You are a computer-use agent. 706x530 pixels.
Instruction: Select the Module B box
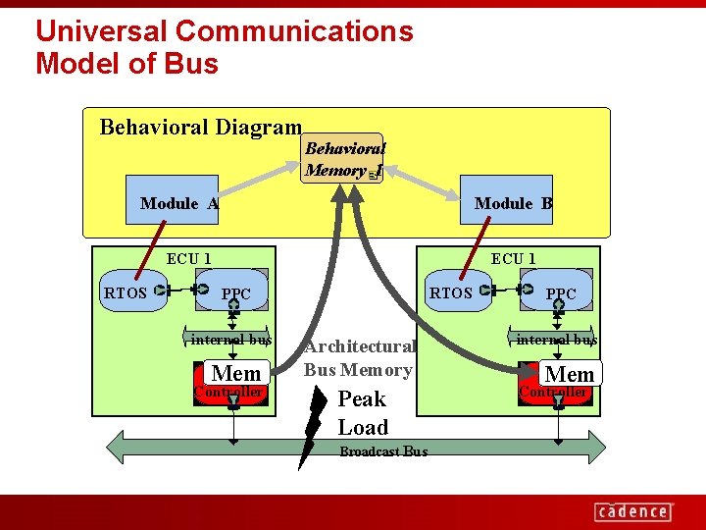[513, 203]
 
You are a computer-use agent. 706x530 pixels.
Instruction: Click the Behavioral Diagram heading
[200, 127]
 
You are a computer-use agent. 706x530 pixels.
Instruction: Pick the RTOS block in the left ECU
[126, 291]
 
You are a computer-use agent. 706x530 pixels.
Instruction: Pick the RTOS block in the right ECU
[452, 291]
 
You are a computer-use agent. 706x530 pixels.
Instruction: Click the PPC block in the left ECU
[236, 292]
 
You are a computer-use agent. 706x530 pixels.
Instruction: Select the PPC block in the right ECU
[561, 292]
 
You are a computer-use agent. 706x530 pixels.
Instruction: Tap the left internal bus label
[230, 340]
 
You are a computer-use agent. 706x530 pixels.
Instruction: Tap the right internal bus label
[556, 340]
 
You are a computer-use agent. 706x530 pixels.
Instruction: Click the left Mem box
[236, 373]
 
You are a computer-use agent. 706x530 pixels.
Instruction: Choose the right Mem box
[569, 374]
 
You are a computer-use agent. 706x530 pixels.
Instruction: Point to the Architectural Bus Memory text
[359, 358]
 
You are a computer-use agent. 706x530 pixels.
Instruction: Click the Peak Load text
[362, 413]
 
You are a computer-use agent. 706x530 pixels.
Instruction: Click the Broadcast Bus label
[382, 452]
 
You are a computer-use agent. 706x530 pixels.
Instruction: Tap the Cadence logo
[632, 510]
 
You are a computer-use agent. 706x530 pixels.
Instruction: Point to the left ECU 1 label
[188, 259]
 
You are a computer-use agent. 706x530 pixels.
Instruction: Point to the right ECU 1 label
[513, 259]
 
